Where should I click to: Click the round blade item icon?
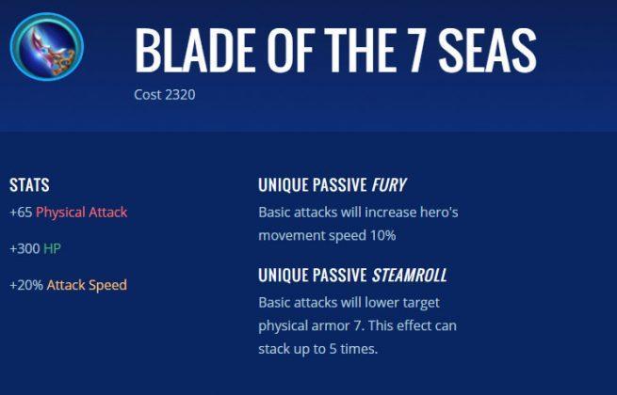tap(46, 46)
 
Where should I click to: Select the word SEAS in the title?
tap(488, 50)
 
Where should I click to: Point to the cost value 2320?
tap(180, 95)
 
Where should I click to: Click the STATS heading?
tap(29, 184)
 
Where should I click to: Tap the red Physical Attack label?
tap(81, 213)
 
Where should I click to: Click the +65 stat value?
tap(21, 213)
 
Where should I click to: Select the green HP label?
tap(52, 248)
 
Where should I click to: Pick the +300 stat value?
tap(24, 248)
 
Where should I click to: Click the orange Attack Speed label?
tap(87, 285)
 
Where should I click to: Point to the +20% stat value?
tap(26, 285)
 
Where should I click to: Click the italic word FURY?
tap(389, 184)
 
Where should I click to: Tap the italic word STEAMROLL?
tap(409, 276)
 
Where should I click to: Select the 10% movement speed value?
tap(382, 235)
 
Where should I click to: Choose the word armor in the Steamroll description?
tap(330, 326)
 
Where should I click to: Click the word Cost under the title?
tap(148, 95)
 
